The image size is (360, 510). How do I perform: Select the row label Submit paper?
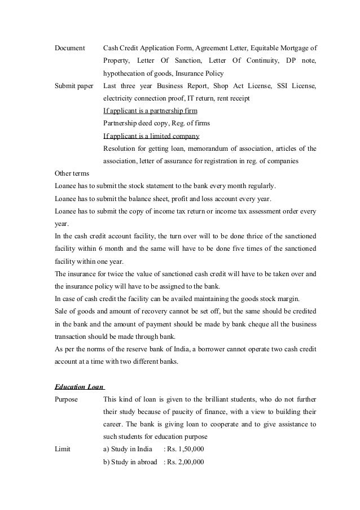coord(73,86)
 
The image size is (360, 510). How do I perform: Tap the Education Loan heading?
coord(79,387)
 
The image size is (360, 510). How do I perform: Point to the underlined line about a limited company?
coord(151,136)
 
